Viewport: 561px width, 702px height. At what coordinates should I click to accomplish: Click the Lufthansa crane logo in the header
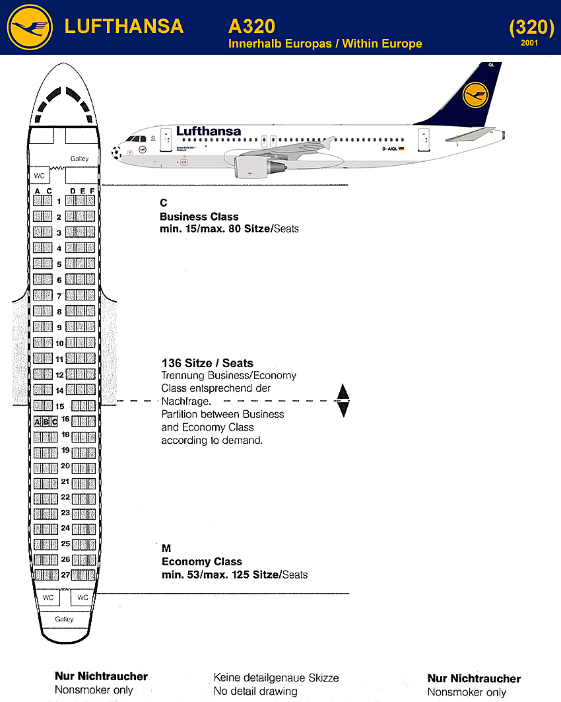click(30, 27)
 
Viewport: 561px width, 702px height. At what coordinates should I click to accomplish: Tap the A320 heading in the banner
click(251, 26)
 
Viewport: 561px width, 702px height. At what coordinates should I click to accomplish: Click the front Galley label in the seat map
click(79, 159)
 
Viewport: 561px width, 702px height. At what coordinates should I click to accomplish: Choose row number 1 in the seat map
click(59, 201)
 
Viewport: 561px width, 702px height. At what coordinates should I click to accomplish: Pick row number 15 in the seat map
click(59, 406)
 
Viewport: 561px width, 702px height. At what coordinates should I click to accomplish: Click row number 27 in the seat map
click(65, 575)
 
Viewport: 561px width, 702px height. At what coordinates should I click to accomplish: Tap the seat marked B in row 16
click(46, 421)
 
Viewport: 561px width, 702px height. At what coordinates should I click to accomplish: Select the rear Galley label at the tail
click(64, 619)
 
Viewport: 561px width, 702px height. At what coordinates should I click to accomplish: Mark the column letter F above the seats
click(92, 191)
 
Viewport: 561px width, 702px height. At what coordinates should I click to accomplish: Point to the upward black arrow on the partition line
click(343, 392)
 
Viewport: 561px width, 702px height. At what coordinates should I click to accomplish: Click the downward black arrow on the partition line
click(343, 409)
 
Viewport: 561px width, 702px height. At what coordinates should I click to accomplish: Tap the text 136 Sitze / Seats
click(207, 363)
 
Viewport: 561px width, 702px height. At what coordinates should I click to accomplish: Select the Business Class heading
click(199, 217)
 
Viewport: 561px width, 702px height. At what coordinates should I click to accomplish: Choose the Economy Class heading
click(202, 562)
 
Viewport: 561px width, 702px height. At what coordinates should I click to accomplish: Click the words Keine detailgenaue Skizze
click(276, 678)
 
